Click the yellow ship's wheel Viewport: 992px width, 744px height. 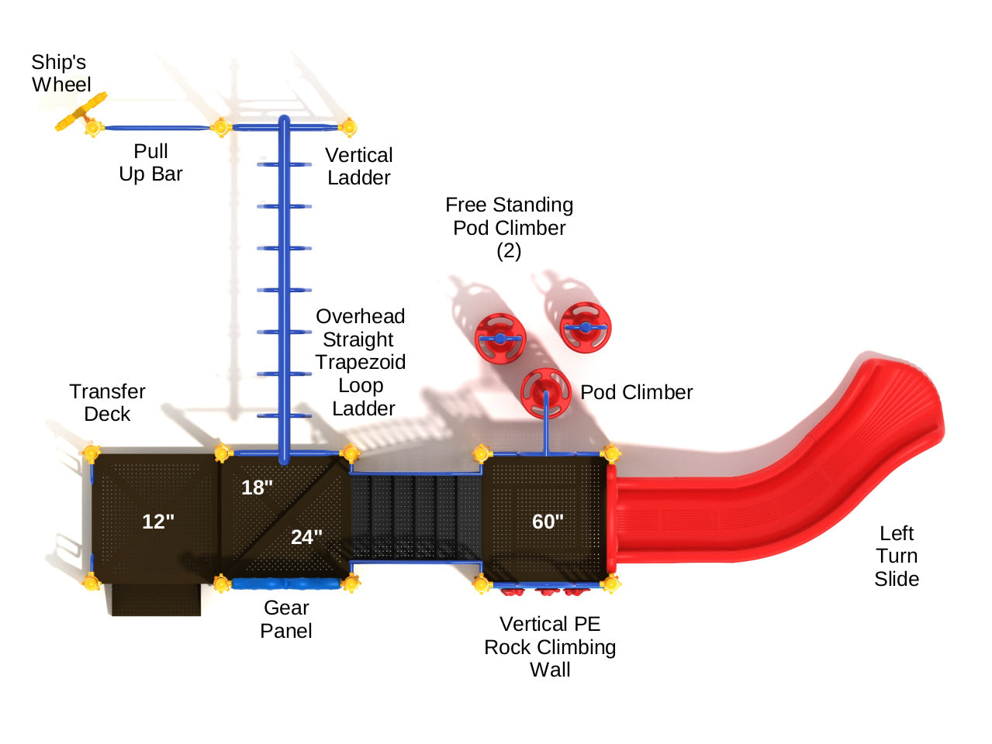pos(81,113)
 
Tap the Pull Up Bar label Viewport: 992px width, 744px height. pos(150,163)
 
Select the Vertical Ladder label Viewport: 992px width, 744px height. pos(358,167)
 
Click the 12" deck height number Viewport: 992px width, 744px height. pos(158,522)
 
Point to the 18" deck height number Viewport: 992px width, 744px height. pos(257,487)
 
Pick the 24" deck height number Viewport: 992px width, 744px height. pos(306,537)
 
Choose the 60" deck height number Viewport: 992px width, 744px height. pos(548,522)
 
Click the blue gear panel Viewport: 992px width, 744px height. pos(285,584)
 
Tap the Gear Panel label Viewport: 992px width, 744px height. pos(286,619)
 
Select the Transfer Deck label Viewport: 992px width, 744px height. pos(107,403)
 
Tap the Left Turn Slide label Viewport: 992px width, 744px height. pos(897,556)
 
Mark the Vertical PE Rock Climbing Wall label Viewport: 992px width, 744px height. pos(550,647)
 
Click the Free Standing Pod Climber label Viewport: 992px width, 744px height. pos(510,227)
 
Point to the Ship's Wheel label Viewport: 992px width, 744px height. pos(60,73)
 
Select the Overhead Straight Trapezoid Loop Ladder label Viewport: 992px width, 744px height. pos(361,362)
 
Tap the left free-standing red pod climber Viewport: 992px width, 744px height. pos(500,337)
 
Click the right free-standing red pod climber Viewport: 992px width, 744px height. pos(586,327)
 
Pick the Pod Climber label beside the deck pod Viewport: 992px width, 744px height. pos(637,392)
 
